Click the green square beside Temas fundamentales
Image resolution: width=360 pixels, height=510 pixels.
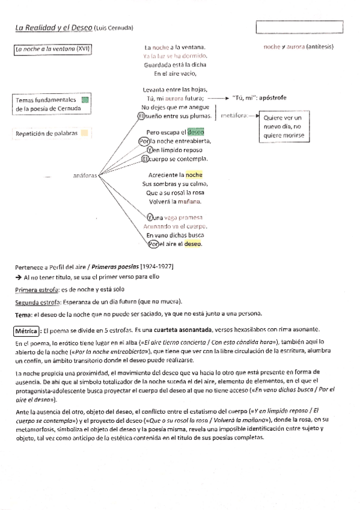pos(85,100)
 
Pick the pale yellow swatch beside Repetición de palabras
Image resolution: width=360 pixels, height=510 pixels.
pos(85,133)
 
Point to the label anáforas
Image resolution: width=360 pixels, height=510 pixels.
pos(84,174)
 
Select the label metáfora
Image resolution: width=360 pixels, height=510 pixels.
pos(234,115)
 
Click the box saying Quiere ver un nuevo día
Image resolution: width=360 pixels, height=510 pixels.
pos(281,127)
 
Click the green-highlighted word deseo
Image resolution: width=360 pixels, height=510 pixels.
pos(196,132)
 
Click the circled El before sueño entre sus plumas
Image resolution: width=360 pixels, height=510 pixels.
pos(142,115)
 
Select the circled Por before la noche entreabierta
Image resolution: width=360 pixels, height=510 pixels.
pos(144,141)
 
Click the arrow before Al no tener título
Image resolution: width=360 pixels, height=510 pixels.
pos(18,277)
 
